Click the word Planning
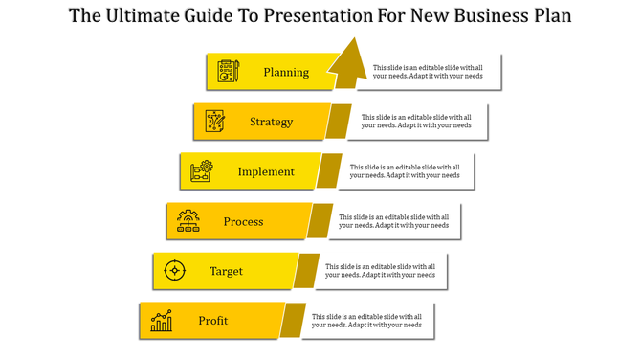pos(286,72)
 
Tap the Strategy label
pos(272,122)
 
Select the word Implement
pos(266,171)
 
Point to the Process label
pos(243,221)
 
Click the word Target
pos(227,271)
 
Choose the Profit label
pos(213,321)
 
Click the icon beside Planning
pos(228,72)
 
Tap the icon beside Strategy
pos(214,122)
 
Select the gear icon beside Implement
pos(201,171)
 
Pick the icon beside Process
pos(188,221)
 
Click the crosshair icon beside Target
pos(174,271)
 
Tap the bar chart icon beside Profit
pos(161,321)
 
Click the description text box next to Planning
pos(428,72)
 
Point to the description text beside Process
pos(393,221)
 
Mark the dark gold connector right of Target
pos(306,271)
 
